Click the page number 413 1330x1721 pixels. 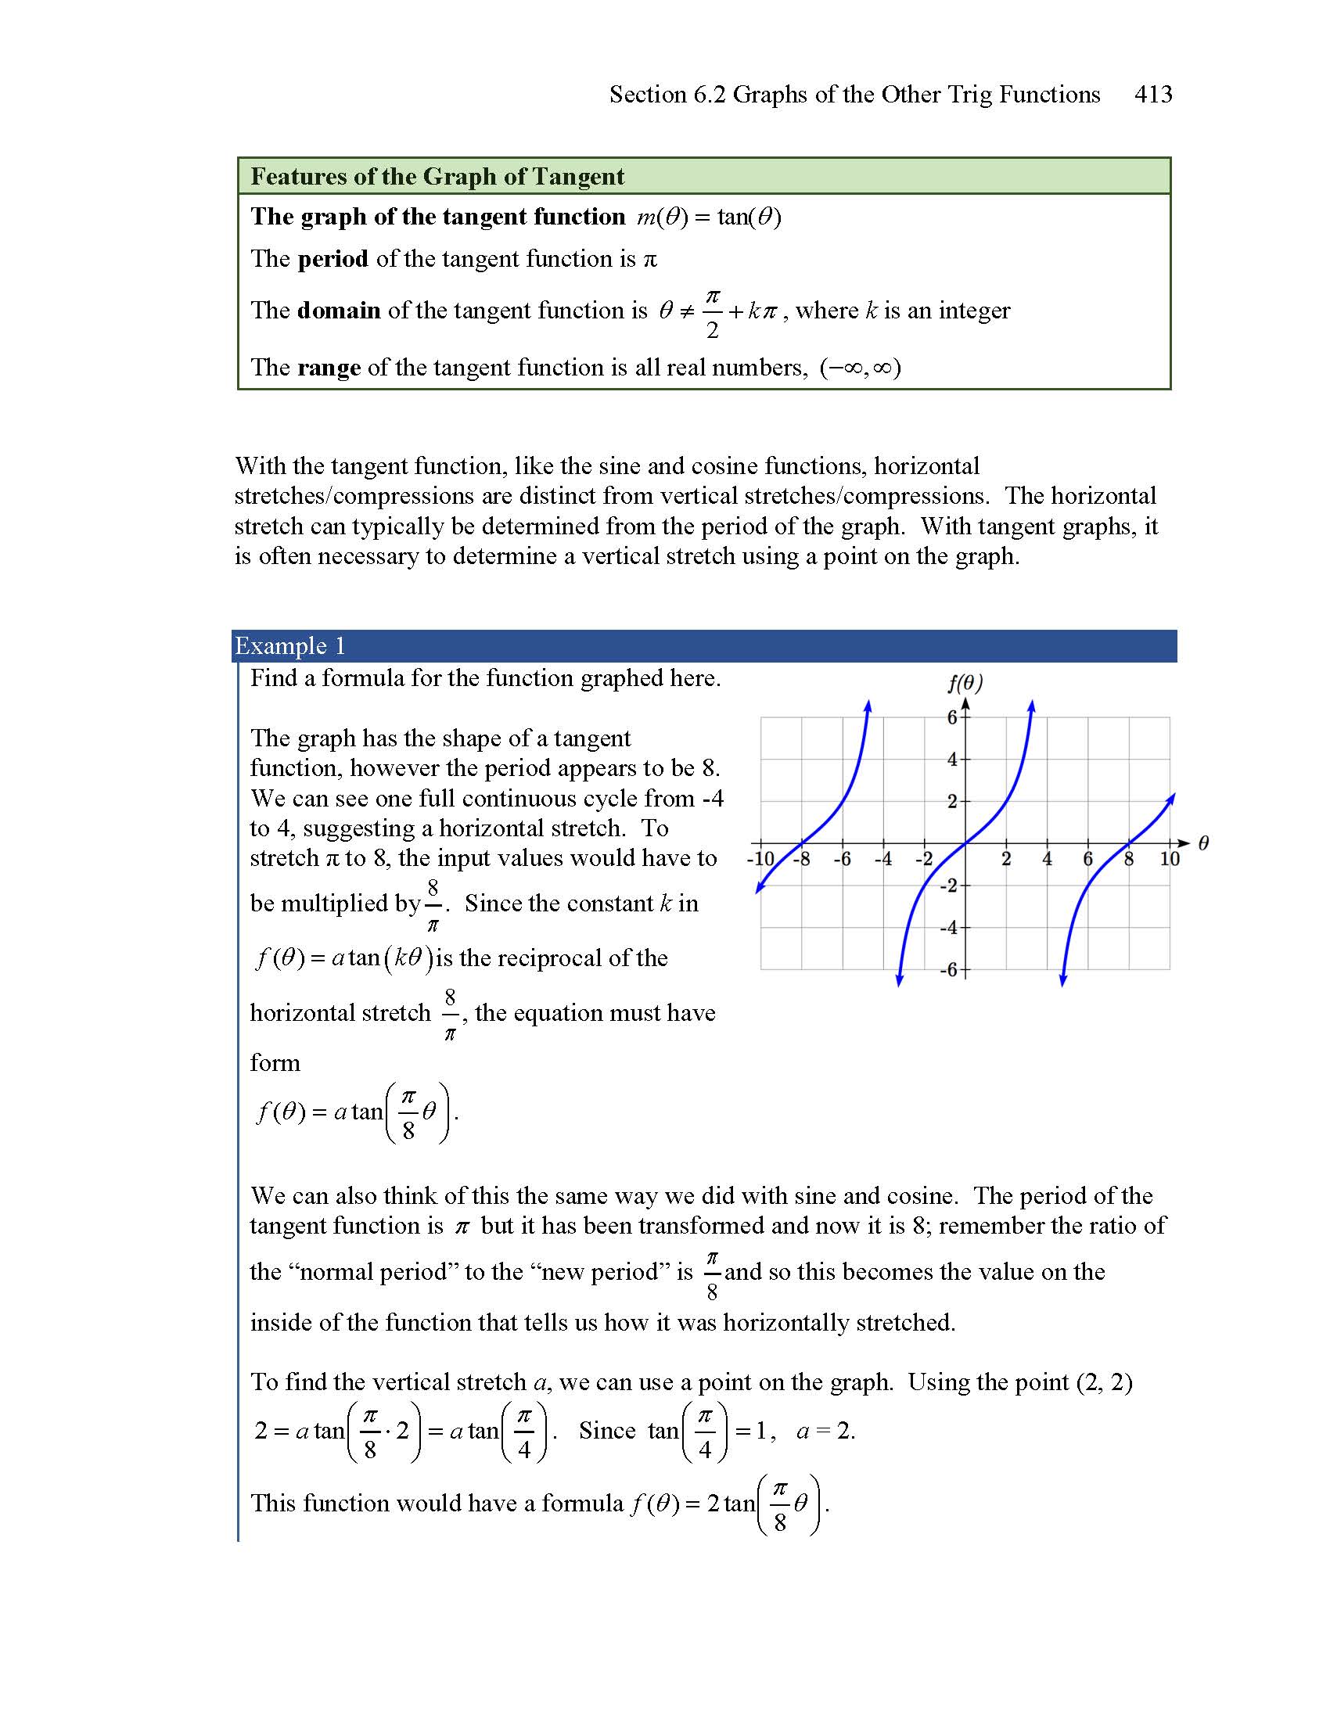(1152, 95)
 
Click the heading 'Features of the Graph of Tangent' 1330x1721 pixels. (437, 177)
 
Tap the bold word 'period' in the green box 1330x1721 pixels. (332, 259)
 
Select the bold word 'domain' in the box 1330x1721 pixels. (339, 311)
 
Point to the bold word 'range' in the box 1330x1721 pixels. (329, 368)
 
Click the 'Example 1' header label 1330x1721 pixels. (290, 646)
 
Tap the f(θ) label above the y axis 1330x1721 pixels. (965, 682)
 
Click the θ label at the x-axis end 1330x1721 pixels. (1203, 844)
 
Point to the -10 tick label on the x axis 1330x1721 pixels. (760, 859)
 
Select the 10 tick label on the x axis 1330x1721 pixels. (1170, 859)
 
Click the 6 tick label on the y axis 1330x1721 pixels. (952, 717)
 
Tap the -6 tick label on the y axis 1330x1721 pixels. (949, 970)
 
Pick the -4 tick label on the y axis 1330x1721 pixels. (949, 928)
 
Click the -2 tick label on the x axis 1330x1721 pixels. (923, 859)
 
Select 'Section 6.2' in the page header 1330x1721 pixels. (667, 95)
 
